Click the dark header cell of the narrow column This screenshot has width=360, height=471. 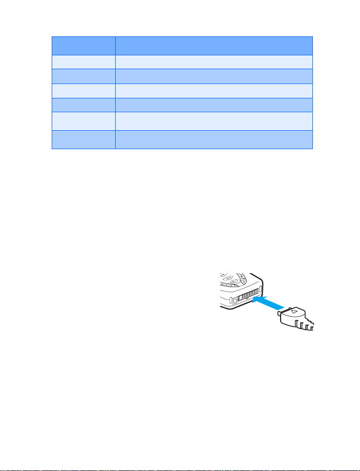tap(83, 46)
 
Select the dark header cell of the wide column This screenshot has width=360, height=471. tap(214, 46)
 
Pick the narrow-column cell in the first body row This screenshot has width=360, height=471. tap(83, 62)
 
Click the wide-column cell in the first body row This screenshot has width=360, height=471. tap(214, 62)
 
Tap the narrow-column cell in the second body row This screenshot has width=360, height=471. tap(83, 76)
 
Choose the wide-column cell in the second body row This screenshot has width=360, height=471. tap(214, 76)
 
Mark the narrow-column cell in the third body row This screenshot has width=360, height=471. tap(83, 91)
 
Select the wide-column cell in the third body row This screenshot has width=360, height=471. tap(214, 91)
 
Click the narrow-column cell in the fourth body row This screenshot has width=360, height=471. tap(83, 105)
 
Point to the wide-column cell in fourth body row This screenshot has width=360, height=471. tap(214, 105)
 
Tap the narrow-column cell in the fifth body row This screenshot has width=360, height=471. tap(83, 121)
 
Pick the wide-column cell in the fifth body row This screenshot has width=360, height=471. tap(214, 121)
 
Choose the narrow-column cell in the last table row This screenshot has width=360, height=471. tap(83, 139)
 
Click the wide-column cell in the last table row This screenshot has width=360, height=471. tap(214, 139)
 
